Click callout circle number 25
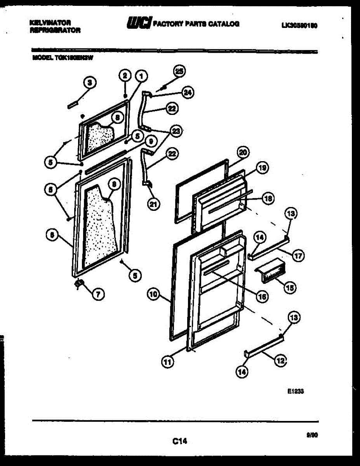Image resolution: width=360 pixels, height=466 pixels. (179, 71)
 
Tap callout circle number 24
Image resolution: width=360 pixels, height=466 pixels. (188, 93)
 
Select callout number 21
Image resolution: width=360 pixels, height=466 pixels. (154, 205)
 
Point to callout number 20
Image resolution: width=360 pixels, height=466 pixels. (243, 152)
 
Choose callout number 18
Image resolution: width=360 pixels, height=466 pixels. (268, 198)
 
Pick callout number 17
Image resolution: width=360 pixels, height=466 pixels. (298, 256)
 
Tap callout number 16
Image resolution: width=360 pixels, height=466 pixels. (262, 297)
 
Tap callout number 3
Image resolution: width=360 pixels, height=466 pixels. (90, 82)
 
